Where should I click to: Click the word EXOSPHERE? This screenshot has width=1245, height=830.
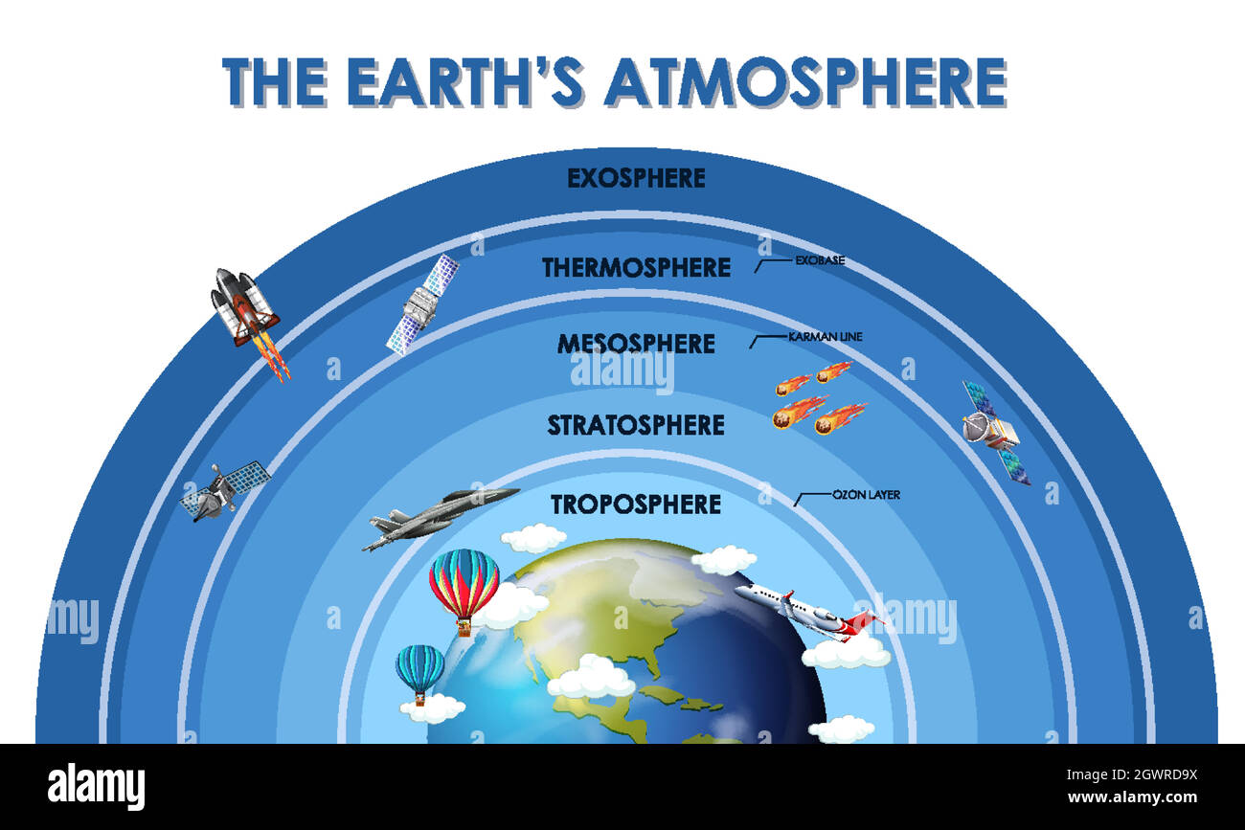tap(636, 178)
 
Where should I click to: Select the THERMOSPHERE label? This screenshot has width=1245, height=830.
tap(636, 267)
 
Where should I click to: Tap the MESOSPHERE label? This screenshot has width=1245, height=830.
tap(636, 344)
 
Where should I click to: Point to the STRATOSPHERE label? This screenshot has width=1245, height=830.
tap(636, 424)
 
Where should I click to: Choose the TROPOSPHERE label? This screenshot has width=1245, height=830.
tap(636, 505)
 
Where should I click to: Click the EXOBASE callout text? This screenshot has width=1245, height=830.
tap(820, 260)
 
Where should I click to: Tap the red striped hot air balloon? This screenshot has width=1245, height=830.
tap(464, 587)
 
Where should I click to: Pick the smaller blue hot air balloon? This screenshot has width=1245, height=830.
tap(420, 671)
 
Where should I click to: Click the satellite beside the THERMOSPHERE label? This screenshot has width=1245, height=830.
tap(422, 303)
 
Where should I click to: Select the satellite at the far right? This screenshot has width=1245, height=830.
tap(995, 432)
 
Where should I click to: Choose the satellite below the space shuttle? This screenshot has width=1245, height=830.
tap(225, 489)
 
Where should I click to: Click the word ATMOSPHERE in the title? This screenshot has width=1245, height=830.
tap(804, 82)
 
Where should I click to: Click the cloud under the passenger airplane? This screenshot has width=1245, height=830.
tap(846, 653)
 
